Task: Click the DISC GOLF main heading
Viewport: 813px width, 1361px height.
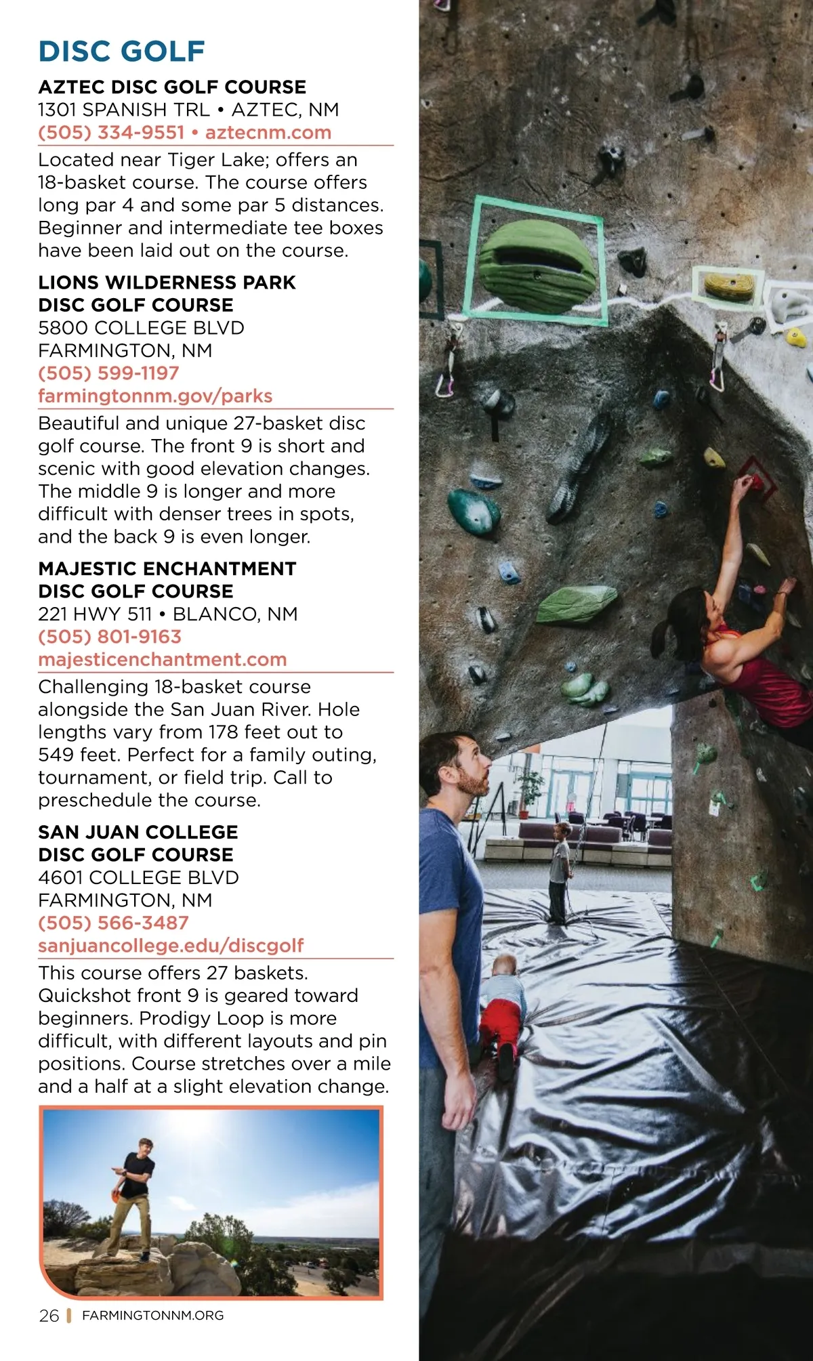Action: (122, 51)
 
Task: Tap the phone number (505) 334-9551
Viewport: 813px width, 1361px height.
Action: (111, 133)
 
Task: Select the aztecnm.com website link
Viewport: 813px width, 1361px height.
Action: (268, 133)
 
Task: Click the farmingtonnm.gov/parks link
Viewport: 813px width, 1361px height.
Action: (155, 396)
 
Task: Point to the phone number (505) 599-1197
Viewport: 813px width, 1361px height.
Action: (108, 373)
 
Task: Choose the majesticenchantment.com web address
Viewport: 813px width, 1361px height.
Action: (163, 660)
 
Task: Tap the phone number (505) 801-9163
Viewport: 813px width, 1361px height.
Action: (110, 637)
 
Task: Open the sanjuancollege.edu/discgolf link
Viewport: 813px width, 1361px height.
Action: (171, 946)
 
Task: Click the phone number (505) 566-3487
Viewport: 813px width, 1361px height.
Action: (113, 923)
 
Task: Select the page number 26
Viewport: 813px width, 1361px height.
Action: (49, 1316)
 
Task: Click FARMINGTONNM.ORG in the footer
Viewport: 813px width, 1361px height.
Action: (152, 1316)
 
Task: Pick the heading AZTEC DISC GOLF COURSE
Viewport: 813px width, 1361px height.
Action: (172, 87)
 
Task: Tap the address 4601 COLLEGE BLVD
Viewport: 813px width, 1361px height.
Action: (138, 878)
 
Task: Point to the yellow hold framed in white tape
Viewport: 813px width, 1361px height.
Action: (728, 287)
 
